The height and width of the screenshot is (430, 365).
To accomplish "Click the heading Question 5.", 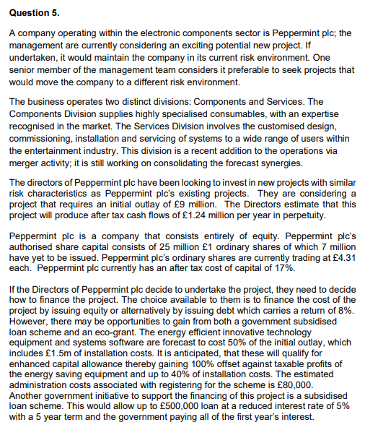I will tap(32, 13).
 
